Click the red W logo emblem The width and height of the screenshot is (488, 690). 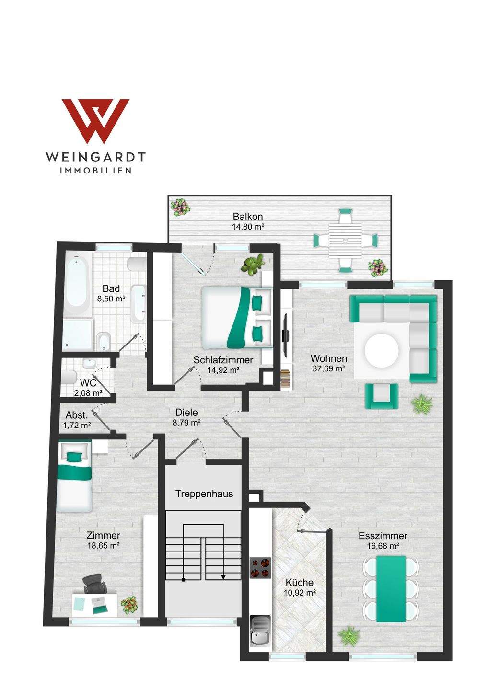tap(95, 121)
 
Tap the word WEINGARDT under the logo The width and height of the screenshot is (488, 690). tap(95, 157)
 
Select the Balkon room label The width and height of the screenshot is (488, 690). tap(248, 216)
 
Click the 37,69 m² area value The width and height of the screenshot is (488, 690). tap(329, 368)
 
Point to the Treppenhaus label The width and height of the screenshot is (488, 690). tap(204, 494)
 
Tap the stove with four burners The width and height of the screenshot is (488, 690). tap(260, 568)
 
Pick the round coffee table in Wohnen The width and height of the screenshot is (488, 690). tap(382, 351)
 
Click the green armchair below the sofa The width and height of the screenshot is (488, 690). tap(382, 396)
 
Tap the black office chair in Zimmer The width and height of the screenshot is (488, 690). tap(93, 584)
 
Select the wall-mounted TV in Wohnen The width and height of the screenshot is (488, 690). tap(286, 334)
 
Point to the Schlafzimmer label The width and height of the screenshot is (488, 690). tap(223, 359)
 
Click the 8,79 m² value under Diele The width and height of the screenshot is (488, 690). tap(186, 423)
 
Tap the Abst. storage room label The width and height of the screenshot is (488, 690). tap(76, 415)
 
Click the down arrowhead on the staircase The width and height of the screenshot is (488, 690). tap(223, 577)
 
